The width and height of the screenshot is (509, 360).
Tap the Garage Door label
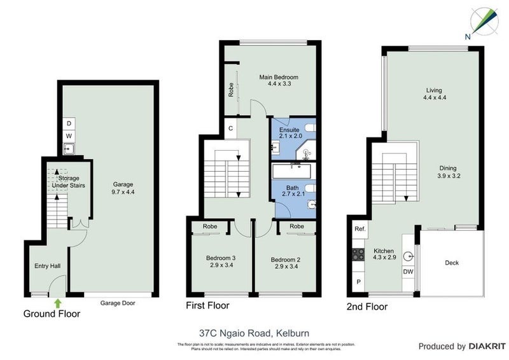point(118,303)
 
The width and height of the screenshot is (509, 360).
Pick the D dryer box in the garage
point(68,124)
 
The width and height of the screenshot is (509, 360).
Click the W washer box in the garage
point(68,136)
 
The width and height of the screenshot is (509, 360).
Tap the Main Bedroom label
point(279,81)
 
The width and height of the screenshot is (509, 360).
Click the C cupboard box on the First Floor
point(230,128)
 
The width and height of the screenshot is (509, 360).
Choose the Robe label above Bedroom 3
point(210,226)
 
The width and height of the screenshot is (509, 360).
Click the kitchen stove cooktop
point(356,254)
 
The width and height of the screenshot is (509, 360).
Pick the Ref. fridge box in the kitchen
point(359,229)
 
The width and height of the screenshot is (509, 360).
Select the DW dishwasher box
point(408,272)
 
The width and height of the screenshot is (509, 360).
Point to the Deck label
point(452,263)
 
